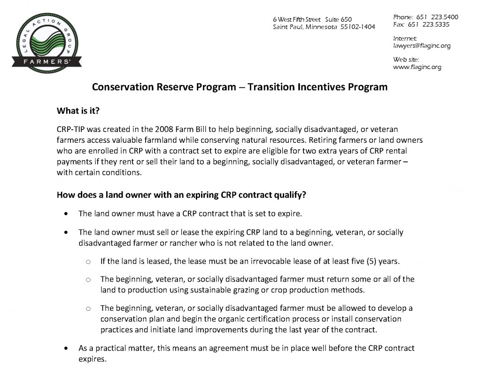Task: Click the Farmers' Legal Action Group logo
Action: tap(49, 41)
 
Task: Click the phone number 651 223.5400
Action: tap(437, 17)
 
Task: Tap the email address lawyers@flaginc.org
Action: tap(421, 46)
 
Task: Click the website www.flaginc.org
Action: tap(417, 67)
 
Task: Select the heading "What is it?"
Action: tap(78, 111)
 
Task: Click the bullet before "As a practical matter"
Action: tap(68, 349)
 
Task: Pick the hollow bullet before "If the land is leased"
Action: tap(88, 261)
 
